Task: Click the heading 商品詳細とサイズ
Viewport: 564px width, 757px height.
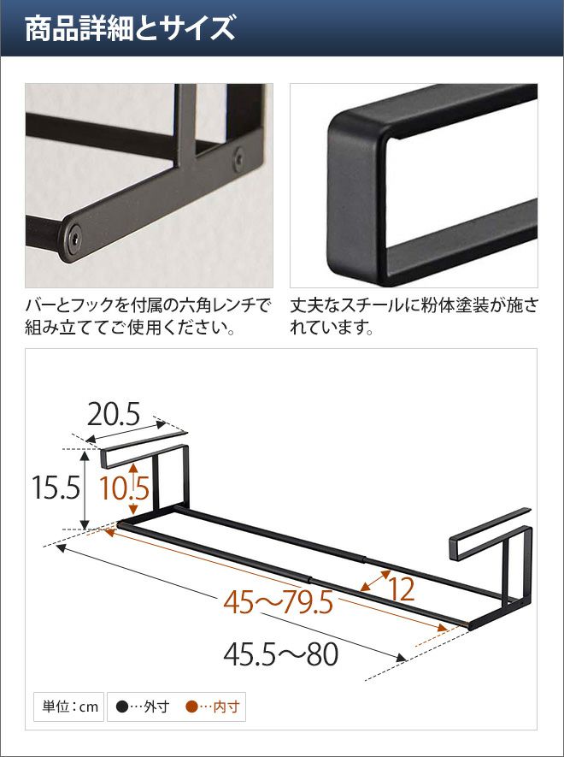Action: pyautogui.click(x=130, y=28)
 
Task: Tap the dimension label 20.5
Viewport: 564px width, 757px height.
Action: pyautogui.click(x=114, y=415)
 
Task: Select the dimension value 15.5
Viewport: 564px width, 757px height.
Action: pyautogui.click(x=56, y=488)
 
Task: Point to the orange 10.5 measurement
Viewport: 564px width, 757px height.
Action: pyautogui.click(x=124, y=488)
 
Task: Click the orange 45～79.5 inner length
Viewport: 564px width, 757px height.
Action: pyautogui.click(x=278, y=603)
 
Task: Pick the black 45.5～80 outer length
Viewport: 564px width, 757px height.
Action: pyautogui.click(x=281, y=655)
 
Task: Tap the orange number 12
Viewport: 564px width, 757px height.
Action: pyautogui.click(x=402, y=589)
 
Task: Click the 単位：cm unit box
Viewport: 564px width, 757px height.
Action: pyautogui.click(x=69, y=707)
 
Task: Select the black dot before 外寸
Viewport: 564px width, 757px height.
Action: pyautogui.click(x=122, y=707)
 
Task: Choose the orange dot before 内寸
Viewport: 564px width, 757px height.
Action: pyautogui.click(x=191, y=707)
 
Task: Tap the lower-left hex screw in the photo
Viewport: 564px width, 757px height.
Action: pyautogui.click(x=73, y=239)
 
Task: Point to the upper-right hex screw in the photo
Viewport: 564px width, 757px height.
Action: pyautogui.click(x=238, y=159)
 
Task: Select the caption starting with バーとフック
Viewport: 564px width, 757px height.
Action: pyautogui.click(x=147, y=316)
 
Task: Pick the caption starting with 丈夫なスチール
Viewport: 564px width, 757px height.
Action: pyautogui.click(x=414, y=316)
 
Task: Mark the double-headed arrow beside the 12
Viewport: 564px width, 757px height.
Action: pyautogui.click(x=375, y=581)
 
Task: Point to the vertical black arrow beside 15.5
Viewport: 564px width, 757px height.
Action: pyautogui.click(x=85, y=490)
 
